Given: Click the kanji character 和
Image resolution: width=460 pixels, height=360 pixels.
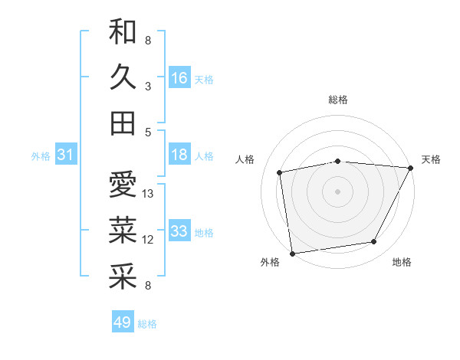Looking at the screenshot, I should [123, 31].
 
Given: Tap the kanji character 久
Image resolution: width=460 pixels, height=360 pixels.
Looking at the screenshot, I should [123, 77].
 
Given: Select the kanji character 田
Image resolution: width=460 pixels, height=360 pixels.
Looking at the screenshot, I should [123, 123].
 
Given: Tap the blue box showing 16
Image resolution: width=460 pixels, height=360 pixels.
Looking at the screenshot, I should [179, 77].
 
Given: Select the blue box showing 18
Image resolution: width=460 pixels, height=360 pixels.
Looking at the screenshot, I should [179, 155].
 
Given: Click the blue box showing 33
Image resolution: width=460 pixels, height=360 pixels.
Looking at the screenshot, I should [179, 232].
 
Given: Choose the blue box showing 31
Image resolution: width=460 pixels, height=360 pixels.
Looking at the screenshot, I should [66, 155].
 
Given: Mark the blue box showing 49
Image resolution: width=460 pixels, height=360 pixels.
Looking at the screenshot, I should [123, 322].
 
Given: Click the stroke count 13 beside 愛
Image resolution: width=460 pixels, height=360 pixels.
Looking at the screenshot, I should [149, 194].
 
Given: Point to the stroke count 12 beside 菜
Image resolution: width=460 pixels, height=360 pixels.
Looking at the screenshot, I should [149, 240].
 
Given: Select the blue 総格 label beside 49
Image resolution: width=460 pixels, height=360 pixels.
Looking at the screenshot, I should [147, 324].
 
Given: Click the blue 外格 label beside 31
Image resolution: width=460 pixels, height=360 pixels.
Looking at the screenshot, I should [41, 156].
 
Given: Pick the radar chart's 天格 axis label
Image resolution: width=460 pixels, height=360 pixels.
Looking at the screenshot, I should [431, 159].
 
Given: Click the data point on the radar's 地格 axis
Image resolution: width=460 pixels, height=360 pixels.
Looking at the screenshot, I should [374, 242].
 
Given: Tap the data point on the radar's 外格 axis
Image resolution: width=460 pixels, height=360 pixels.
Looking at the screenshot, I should [292, 253].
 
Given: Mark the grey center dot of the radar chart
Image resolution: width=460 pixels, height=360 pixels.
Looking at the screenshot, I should [337, 191].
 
